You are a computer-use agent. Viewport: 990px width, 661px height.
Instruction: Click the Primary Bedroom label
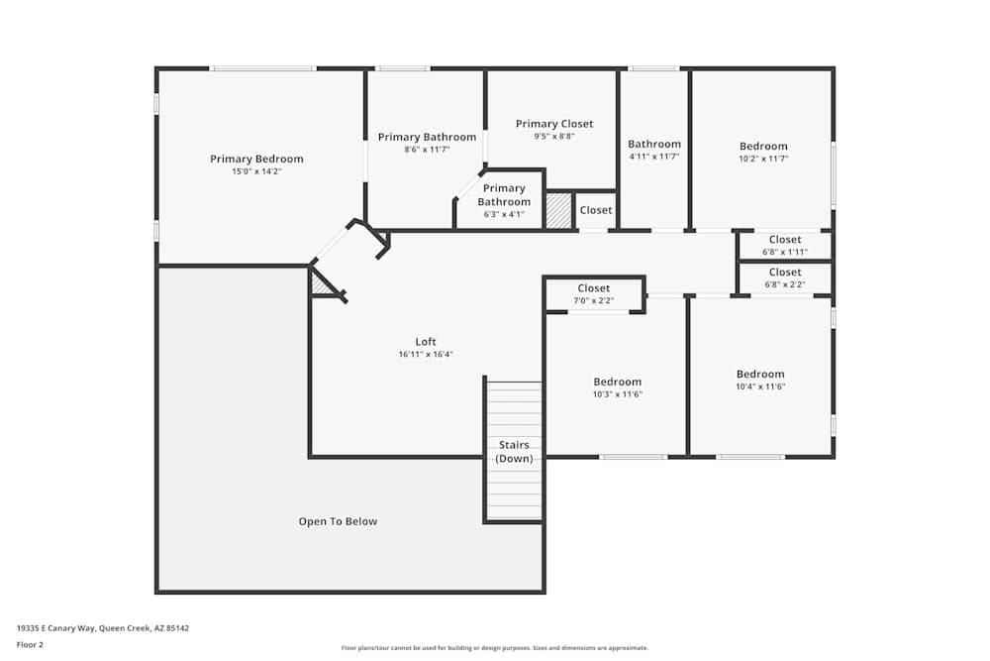coord(256,159)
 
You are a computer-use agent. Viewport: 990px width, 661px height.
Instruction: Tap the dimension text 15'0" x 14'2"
coord(256,171)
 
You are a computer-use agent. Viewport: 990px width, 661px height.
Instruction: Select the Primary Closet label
coord(554,124)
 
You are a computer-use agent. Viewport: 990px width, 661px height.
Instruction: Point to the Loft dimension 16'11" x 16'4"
coord(426,354)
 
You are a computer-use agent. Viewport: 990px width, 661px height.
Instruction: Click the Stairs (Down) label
coord(514,452)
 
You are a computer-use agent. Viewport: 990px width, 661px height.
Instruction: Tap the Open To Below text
coord(338,521)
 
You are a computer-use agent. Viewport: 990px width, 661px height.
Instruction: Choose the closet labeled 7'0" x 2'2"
coord(594,300)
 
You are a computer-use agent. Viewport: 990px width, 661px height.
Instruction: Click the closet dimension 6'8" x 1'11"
coord(785,252)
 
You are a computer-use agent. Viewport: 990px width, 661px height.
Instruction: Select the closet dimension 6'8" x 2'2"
coord(785,284)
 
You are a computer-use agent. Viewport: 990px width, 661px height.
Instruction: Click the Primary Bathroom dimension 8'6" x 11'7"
coord(427,150)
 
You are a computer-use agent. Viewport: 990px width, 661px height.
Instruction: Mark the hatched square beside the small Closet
coord(559,211)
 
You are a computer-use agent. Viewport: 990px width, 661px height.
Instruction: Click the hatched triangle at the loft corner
coord(321,285)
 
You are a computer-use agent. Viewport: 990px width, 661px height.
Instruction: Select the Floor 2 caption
coord(30,644)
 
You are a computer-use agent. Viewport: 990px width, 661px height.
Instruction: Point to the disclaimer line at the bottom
coord(495,648)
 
